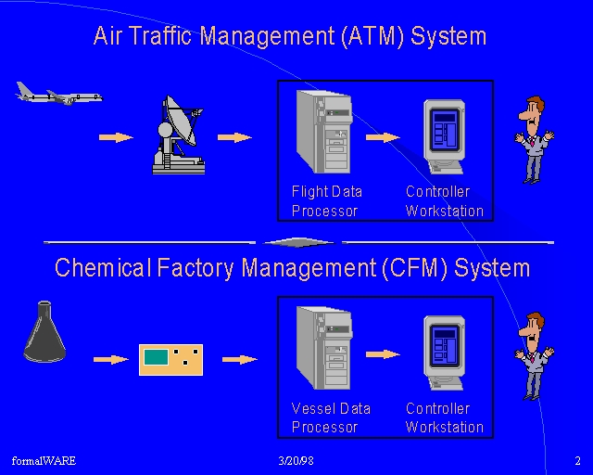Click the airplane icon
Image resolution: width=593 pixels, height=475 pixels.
[58, 94]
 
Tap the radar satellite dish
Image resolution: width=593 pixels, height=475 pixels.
[179, 135]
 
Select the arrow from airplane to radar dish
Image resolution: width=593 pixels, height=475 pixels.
[116, 137]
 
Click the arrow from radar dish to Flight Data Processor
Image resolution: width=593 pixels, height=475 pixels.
[234, 137]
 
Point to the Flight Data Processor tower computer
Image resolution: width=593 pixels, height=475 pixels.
[324, 132]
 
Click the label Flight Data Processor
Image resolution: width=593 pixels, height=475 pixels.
[327, 201]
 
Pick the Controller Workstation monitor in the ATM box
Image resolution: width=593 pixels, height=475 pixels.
[445, 136]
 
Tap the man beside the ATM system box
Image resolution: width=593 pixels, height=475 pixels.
[534, 140]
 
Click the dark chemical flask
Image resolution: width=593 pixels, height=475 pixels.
[44, 331]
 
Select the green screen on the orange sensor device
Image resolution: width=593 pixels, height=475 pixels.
[157, 357]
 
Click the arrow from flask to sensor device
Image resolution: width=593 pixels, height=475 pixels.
[111, 359]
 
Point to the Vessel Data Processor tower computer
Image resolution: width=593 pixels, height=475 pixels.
[324, 348]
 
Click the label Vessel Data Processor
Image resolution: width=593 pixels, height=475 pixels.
[331, 417]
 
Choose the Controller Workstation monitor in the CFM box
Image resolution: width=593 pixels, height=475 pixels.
[445, 353]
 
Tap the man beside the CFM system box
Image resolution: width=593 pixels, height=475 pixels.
[534, 356]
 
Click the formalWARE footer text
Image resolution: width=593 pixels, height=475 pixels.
[44, 460]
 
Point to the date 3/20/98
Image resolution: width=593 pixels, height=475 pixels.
[296, 460]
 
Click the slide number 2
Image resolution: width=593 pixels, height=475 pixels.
[577, 460]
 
